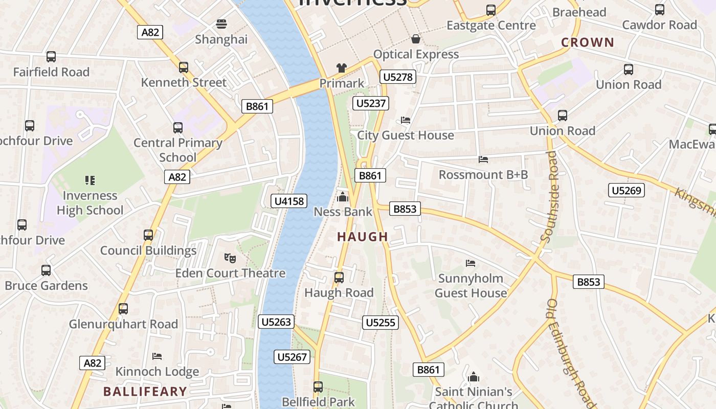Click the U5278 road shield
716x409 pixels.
(x=397, y=77)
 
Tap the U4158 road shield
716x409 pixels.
(x=289, y=201)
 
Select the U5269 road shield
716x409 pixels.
(x=626, y=191)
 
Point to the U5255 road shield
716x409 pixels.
(x=381, y=323)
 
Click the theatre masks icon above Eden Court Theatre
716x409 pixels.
(x=230, y=258)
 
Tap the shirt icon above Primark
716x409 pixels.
(x=342, y=68)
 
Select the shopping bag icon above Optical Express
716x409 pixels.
(x=416, y=39)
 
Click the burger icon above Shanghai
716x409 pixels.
(x=221, y=24)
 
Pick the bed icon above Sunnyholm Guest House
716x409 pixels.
(x=471, y=263)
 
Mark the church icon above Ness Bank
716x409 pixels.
(x=343, y=197)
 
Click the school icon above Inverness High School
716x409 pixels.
(x=90, y=180)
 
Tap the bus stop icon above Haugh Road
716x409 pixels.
(x=339, y=278)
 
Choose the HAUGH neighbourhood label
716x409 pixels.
(x=363, y=237)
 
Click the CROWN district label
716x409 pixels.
(x=587, y=42)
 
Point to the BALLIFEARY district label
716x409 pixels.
(x=145, y=392)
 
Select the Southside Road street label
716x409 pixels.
(x=550, y=197)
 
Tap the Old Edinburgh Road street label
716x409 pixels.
(x=567, y=353)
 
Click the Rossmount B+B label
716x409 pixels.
(x=483, y=175)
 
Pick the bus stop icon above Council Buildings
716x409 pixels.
(x=148, y=235)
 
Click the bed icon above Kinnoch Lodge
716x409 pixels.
(x=157, y=356)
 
